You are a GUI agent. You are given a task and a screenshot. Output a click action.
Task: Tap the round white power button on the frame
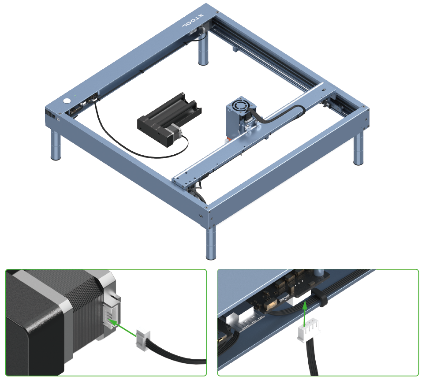[68, 101]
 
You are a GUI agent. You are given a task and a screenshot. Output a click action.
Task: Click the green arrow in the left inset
[122, 328]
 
